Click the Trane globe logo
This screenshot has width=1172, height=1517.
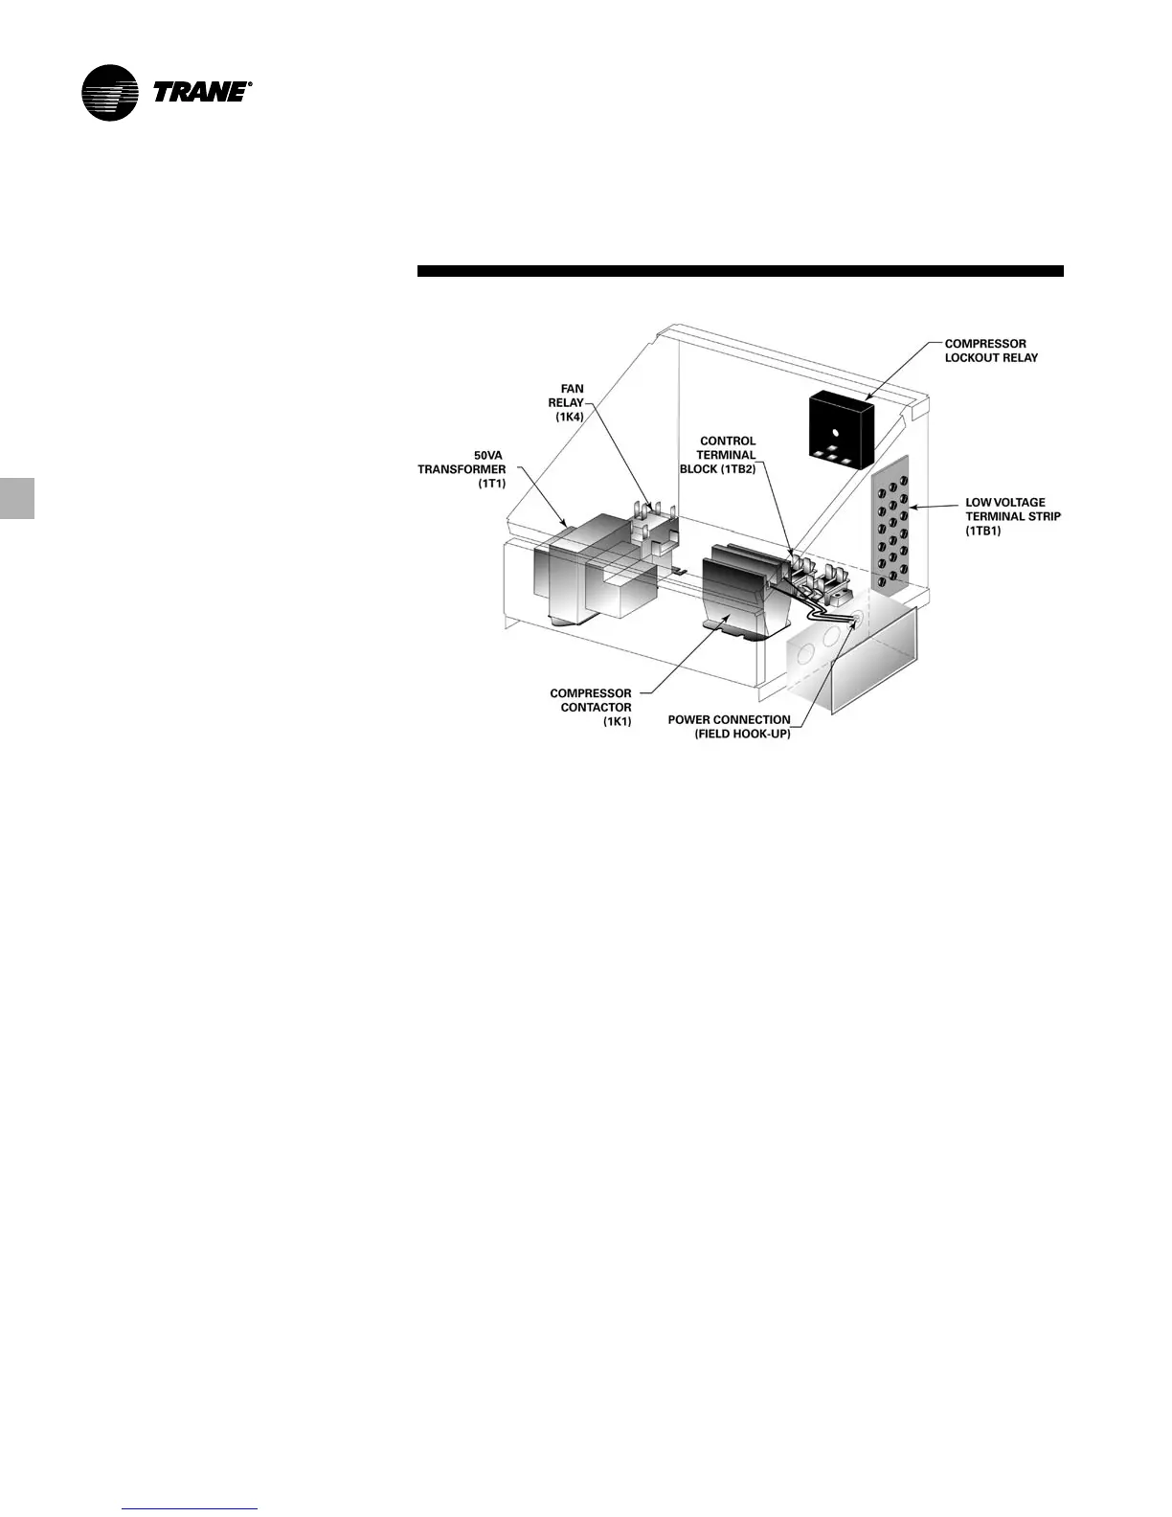(110, 93)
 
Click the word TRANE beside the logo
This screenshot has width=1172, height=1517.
(200, 92)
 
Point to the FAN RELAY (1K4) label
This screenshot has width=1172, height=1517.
(567, 403)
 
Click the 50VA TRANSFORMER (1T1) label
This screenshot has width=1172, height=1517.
(462, 469)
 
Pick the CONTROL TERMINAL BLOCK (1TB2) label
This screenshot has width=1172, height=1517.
(719, 455)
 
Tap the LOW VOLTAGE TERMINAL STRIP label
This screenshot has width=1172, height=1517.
(1012, 516)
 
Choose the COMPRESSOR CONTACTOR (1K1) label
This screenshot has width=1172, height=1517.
(591, 707)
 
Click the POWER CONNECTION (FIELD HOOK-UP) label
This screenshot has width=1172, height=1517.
(730, 727)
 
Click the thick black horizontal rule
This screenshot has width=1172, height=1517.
(740, 271)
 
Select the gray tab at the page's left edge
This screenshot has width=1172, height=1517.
(17, 498)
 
